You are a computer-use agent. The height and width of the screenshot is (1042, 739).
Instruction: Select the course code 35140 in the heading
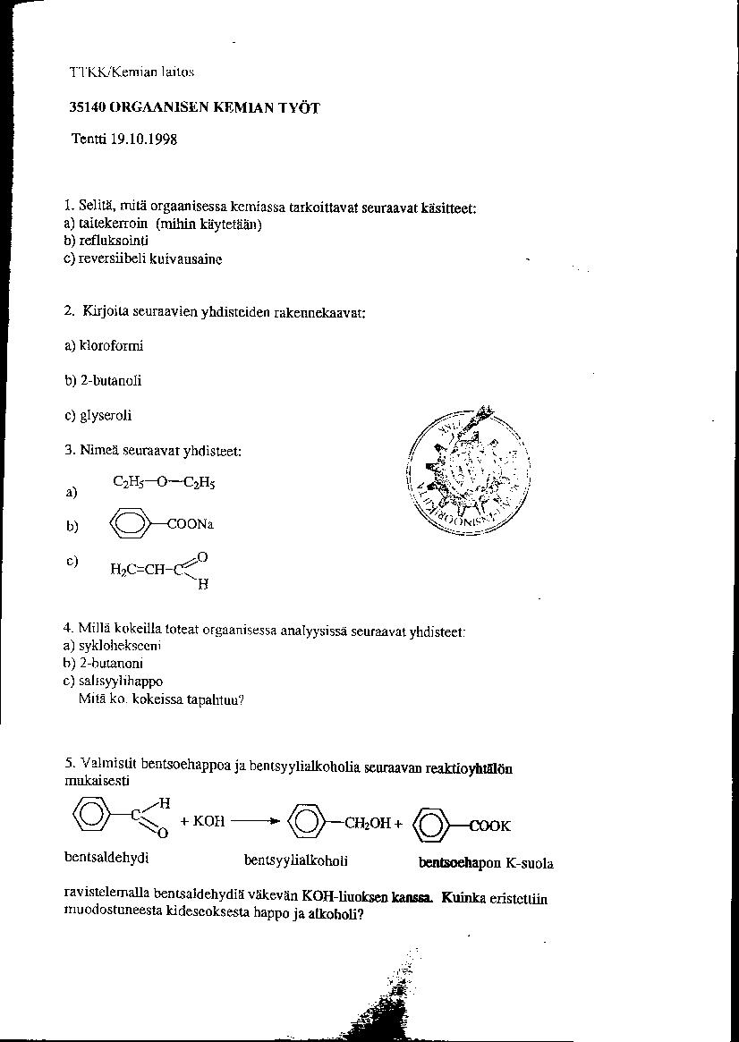(x=88, y=107)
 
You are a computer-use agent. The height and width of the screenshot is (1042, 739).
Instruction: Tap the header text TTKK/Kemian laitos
(x=132, y=72)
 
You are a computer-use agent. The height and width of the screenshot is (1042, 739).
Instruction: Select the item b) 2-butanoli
(x=103, y=381)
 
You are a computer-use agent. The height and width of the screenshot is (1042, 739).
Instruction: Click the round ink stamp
(x=468, y=471)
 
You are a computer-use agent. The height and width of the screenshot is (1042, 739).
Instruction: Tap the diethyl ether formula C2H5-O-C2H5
(x=164, y=482)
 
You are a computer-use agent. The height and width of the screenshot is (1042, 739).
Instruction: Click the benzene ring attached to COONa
(x=131, y=526)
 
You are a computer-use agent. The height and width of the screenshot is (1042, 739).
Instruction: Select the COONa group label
(x=191, y=526)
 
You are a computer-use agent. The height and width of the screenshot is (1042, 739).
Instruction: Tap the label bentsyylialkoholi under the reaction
(x=295, y=860)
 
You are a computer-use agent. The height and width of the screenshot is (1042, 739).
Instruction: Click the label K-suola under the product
(x=530, y=864)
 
